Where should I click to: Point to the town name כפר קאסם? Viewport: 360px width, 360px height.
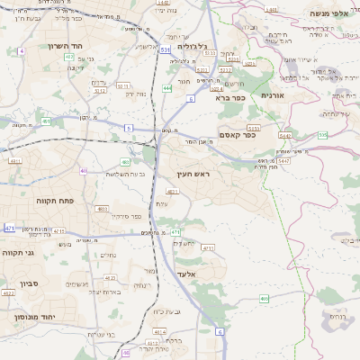pos(236,135)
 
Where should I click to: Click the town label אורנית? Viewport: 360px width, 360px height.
pos(273,94)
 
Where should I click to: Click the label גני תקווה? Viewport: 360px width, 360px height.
pos(19,253)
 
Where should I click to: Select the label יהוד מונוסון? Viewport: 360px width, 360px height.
pos(31,318)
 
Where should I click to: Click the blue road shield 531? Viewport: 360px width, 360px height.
pos(166,51)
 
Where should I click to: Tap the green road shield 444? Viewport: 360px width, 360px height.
pos(167,87)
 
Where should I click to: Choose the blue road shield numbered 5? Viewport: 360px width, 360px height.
pos(129,129)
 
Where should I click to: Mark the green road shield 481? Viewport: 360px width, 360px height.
pos(14,160)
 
